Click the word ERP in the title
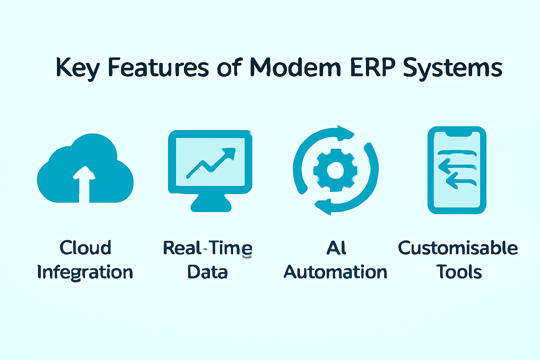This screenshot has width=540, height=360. pyautogui.click(x=373, y=67)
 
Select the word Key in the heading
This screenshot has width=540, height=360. pyautogui.click(x=78, y=68)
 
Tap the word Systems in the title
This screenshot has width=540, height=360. pyautogui.click(x=453, y=69)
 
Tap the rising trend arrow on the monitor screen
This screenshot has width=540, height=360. pyautogui.click(x=211, y=162)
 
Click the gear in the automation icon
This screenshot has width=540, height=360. pyautogui.click(x=335, y=170)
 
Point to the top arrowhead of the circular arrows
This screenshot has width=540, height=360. pyautogui.click(x=346, y=133)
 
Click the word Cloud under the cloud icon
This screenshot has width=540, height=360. pyautogui.click(x=85, y=247)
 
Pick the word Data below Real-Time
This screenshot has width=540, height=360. pyautogui.click(x=207, y=272)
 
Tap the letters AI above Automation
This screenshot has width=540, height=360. pyautogui.click(x=336, y=247)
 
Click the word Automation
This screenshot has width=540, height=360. pyautogui.click(x=335, y=272)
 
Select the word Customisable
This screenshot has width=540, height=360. pyautogui.click(x=458, y=247)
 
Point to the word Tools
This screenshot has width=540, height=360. pyautogui.click(x=459, y=272)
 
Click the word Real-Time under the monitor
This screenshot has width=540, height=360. pyautogui.click(x=207, y=248)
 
